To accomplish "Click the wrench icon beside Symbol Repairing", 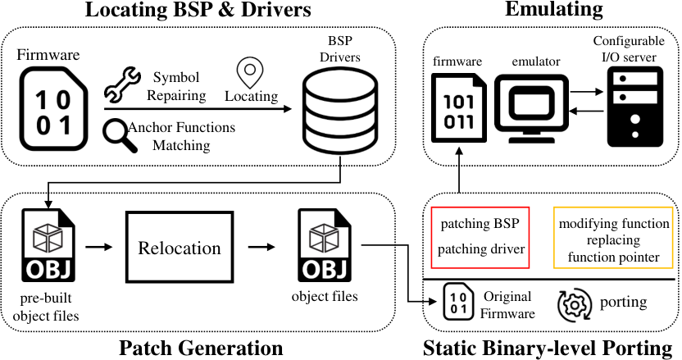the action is (122, 84).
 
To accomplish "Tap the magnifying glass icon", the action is (120, 137).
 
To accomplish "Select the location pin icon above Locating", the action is (250, 73).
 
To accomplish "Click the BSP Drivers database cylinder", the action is (340, 111).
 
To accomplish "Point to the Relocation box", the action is (180, 248).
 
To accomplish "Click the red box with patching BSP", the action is (480, 237).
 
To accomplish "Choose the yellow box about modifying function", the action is (613, 237).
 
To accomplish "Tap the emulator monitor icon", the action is (531, 108).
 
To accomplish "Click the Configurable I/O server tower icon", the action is (635, 107).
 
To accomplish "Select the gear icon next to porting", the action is (575, 305).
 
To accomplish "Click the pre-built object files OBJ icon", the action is (48, 245).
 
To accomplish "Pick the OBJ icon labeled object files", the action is (324, 245).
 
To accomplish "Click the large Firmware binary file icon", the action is (53, 109).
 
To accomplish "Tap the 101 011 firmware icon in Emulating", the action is (458, 108).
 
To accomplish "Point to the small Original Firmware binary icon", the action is (458, 302).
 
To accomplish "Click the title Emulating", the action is (553, 9).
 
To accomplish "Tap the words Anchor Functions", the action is (181, 127).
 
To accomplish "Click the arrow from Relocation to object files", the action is (261, 248).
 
